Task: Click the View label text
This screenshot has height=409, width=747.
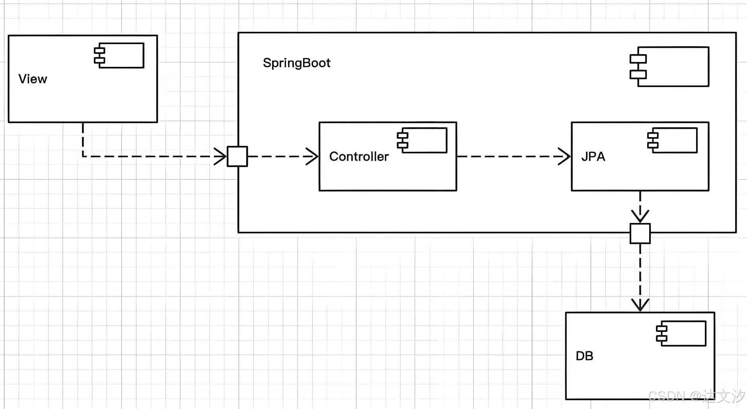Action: tap(33, 79)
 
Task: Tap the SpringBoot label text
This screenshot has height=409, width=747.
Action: tap(297, 63)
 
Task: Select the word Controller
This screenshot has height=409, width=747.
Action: tap(359, 157)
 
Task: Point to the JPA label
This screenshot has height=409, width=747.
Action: tap(593, 157)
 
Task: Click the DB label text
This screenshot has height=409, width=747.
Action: tap(584, 356)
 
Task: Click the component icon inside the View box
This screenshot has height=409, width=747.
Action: tap(119, 55)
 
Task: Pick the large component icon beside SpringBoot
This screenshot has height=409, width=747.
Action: tap(669, 67)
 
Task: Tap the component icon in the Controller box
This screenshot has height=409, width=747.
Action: tap(422, 140)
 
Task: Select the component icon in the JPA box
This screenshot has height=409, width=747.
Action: tap(672, 140)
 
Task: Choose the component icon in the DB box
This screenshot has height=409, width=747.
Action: tap(681, 333)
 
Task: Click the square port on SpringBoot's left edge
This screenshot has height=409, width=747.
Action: tap(237, 156)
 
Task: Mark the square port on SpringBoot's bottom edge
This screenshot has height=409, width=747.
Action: tap(640, 233)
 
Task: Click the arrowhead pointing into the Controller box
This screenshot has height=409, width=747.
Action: tap(312, 156)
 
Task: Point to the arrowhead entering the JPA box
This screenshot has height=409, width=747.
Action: tap(564, 156)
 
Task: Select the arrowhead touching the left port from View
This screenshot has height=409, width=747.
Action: tap(220, 156)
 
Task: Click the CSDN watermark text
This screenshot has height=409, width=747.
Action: tap(696, 396)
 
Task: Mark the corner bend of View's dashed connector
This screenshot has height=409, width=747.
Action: tap(83, 156)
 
